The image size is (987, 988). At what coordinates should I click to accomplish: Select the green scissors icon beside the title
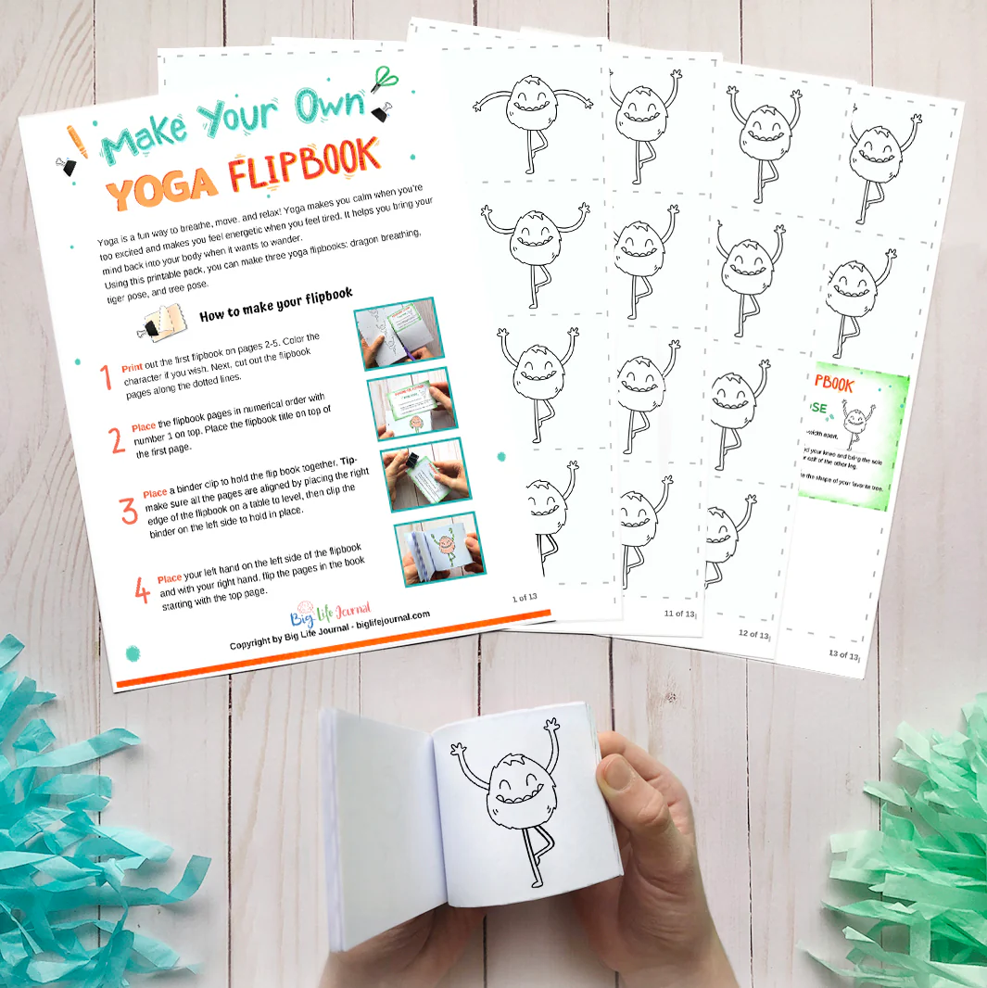pos(380,78)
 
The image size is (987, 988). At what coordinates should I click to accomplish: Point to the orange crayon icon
pos(76,139)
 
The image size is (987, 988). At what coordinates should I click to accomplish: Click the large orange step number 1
pos(106,376)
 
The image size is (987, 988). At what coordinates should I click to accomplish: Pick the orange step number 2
pos(117,438)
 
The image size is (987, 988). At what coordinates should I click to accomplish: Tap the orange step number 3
pos(128,511)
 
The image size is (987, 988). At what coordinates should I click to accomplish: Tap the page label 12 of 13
pos(753,634)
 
